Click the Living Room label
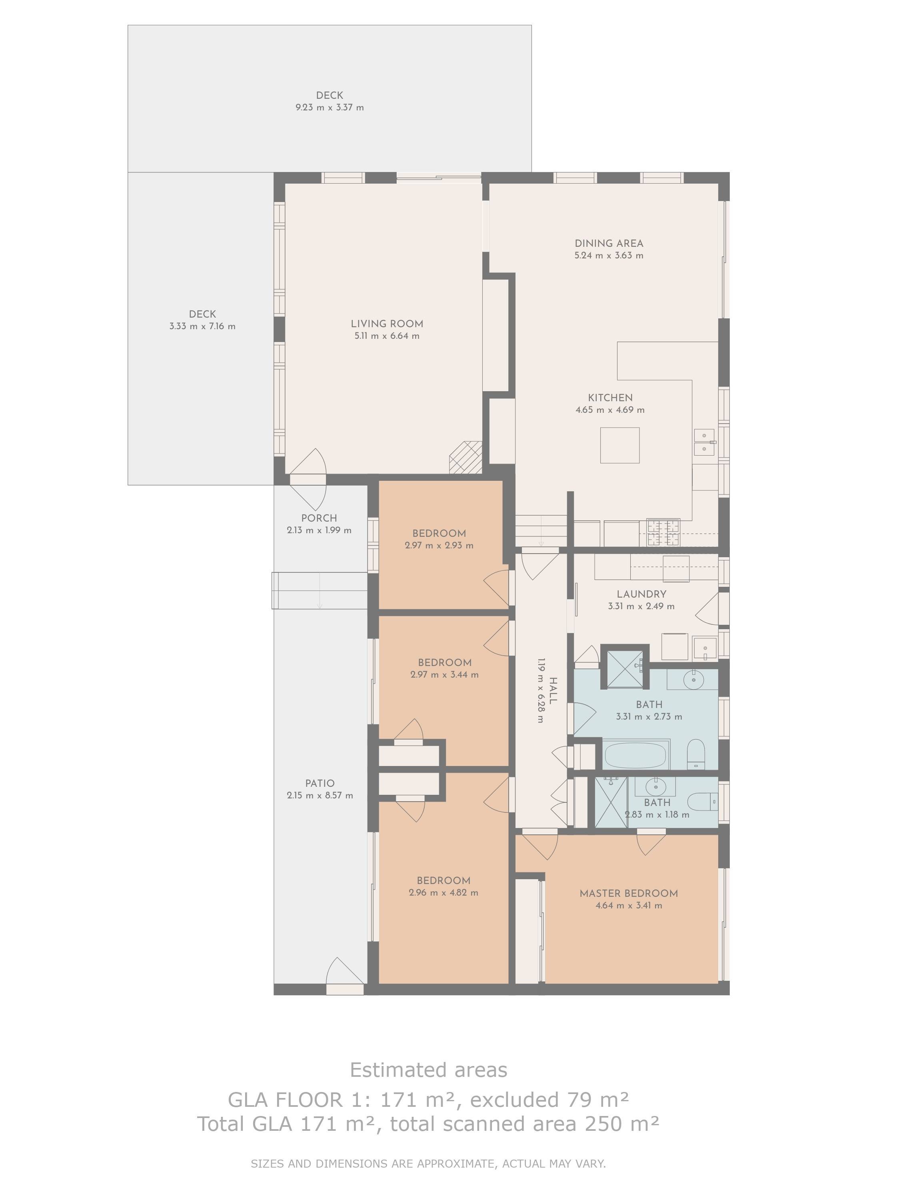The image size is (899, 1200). point(387,324)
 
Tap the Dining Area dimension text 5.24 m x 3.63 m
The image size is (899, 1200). point(609,256)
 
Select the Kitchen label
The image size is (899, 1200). point(610,398)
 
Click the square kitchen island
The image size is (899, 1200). point(619,445)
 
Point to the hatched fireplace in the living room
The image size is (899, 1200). point(466,457)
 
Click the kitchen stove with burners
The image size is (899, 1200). point(663,533)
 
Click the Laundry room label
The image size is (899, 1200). point(641,594)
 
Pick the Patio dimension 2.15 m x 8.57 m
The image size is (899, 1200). point(320,795)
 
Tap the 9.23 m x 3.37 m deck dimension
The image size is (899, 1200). point(330,108)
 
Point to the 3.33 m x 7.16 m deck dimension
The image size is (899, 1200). point(202,326)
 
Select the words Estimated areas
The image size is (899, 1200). point(428,1070)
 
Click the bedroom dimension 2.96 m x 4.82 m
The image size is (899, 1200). point(444,892)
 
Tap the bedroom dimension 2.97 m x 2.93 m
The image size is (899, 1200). point(439,545)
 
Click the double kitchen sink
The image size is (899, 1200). point(704,442)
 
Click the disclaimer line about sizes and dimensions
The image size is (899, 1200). point(428,1163)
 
